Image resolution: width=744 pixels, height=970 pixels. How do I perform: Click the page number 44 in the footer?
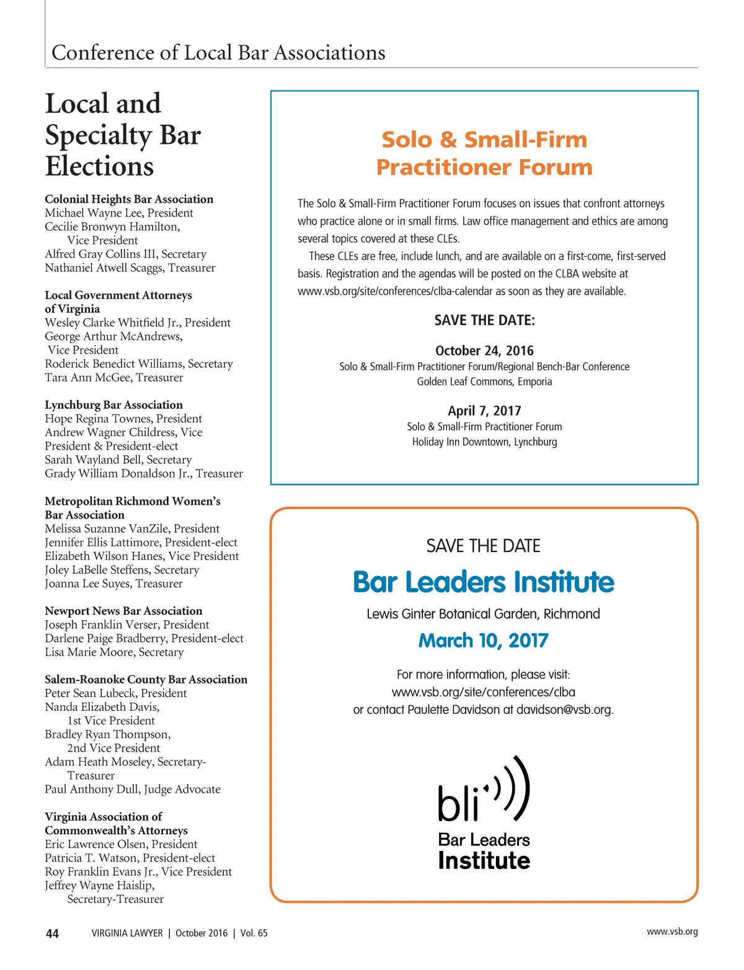[x=53, y=933]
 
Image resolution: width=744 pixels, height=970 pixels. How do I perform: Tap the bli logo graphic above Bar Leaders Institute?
[x=484, y=790]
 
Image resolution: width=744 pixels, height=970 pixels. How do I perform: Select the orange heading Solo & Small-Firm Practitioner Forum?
[x=484, y=153]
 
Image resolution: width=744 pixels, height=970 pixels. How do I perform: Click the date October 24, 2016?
[x=484, y=350]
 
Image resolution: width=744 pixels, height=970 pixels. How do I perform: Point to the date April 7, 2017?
[x=484, y=411]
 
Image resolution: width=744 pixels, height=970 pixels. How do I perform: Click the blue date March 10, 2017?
[x=484, y=641]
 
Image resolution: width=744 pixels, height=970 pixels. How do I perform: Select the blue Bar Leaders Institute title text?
[x=484, y=582]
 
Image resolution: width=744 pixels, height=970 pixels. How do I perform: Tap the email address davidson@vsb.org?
[x=564, y=710]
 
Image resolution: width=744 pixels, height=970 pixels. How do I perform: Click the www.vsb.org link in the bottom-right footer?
[x=672, y=932]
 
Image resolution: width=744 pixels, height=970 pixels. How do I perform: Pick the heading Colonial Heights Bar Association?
[x=129, y=199]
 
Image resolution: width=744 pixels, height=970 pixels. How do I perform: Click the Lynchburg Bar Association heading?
[x=113, y=405]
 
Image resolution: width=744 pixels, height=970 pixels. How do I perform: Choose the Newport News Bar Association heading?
[x=123, y=611]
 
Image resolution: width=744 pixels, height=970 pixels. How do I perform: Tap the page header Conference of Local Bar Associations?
[x=218, y=53]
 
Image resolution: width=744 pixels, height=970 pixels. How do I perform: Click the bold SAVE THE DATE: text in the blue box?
[x=484, y=321]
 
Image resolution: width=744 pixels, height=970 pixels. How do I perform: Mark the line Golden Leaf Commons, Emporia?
[x=484, y=381]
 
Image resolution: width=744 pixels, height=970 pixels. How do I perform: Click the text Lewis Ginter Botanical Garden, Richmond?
[x=484, y=614]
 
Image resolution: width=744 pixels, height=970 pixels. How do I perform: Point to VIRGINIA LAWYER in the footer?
[x=127, y=933]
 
